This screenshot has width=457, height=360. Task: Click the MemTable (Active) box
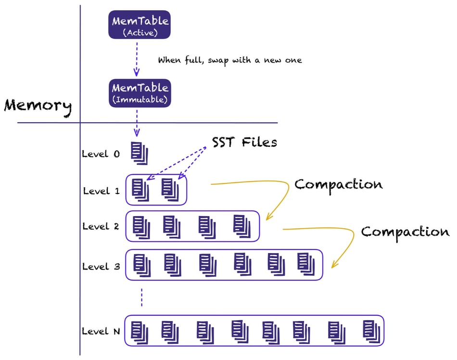point(140,25)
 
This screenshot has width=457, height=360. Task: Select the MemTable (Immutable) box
point(140,93)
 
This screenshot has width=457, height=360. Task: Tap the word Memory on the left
point(38,107)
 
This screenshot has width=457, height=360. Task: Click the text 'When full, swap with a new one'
point(230,60)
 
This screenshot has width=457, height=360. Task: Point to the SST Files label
point(244,142)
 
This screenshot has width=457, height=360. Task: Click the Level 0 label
point(101,154)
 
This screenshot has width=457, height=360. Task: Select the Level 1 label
point(102,191)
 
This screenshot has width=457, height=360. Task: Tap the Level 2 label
point(101,227)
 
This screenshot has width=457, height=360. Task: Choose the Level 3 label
point(101,267)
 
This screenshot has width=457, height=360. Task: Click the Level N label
point(101,332)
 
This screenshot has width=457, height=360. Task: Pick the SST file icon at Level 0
point(140,154)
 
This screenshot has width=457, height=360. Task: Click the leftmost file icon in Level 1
point(140,190)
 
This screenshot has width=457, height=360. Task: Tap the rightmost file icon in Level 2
point(242,226)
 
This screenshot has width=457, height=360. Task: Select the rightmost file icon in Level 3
point(306,264)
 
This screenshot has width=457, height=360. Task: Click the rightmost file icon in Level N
point(371,332)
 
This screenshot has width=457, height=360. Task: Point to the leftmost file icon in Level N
point(140,333)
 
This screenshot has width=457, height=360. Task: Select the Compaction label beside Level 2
point(405,232)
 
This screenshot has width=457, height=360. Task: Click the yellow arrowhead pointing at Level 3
point(334,265)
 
